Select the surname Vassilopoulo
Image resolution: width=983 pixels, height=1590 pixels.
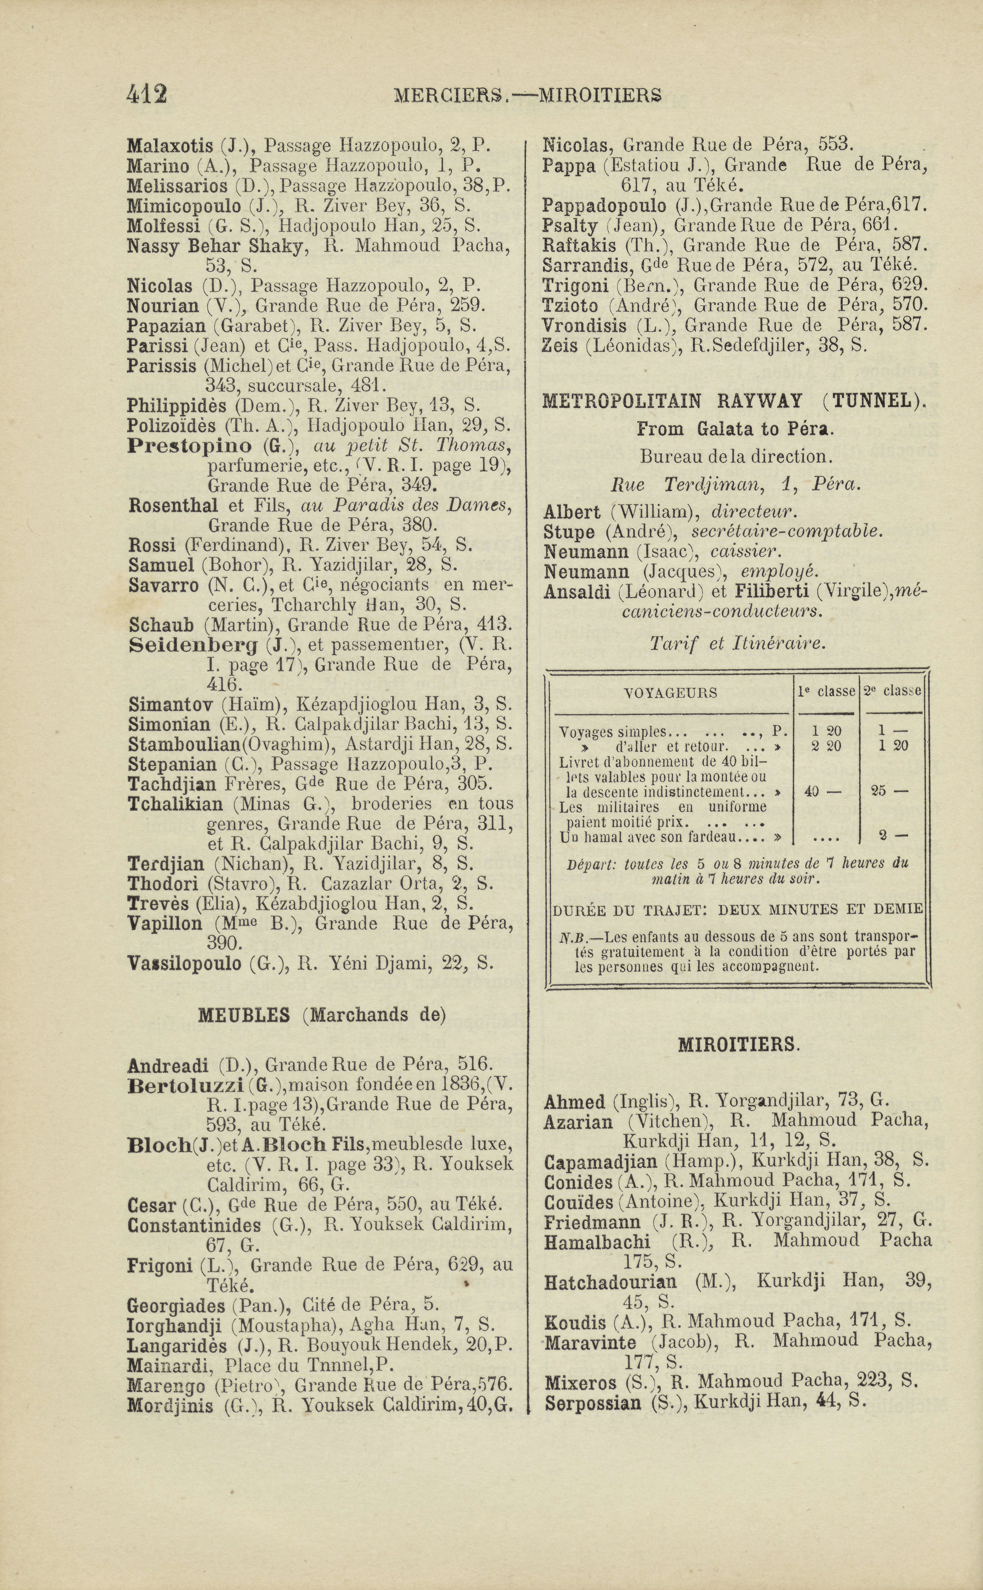pos(184,964)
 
